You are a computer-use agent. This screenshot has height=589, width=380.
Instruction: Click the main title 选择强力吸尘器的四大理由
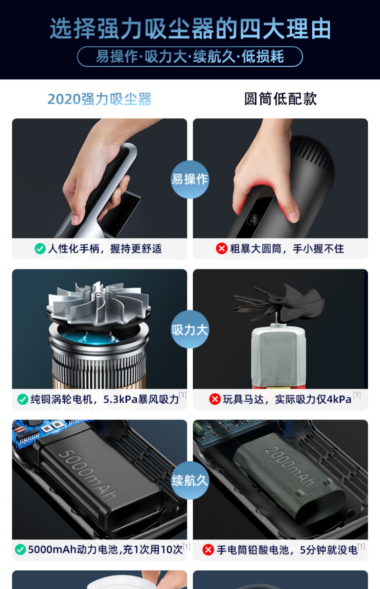(x=190, y=28)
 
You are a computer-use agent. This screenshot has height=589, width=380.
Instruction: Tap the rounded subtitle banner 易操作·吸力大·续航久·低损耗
(x=190, y=56)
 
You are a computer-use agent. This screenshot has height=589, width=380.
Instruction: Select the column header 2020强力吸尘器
(x=100, y=99)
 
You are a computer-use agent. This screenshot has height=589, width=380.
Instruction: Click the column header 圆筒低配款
(x=280, y=99)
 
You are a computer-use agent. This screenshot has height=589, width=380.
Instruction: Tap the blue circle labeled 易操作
(x=190, y=179)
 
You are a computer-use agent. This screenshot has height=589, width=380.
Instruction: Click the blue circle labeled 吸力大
(x=190, y=329)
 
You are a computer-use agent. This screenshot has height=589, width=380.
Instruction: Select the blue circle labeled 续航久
(x=190, y=480)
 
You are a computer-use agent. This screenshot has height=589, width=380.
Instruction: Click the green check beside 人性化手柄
(x=40, y=249)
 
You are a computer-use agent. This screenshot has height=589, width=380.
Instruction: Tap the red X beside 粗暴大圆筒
(x=222, y=249)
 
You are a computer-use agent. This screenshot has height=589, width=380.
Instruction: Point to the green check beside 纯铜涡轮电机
(x=23, y=400)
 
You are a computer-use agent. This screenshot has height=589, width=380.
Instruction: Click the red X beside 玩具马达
(x=215, y=400)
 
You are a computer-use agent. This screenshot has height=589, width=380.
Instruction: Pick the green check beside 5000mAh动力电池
(x=21, y=550)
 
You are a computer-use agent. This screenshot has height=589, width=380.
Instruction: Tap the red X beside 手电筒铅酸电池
(x=208, y=550)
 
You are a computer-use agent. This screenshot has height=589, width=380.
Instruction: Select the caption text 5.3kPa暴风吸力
(x=141, y=400)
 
